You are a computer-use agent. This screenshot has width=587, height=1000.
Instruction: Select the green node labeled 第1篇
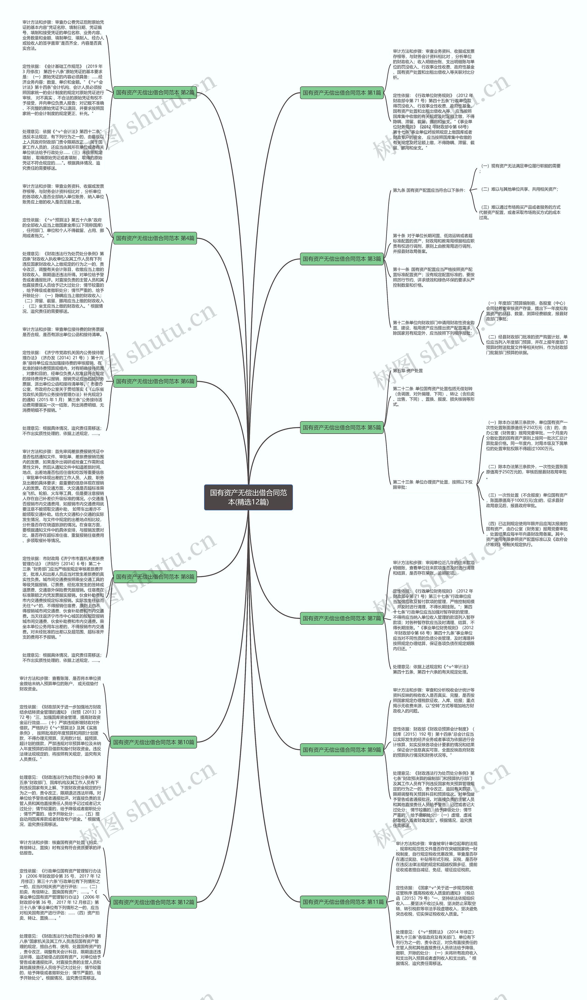(x=342, y=93)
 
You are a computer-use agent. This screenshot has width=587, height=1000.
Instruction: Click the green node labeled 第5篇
(x=342, y=428)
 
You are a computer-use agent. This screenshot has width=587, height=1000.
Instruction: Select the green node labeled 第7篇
(x=342, y=618)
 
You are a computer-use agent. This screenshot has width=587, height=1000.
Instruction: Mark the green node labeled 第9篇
(x=342, y=750)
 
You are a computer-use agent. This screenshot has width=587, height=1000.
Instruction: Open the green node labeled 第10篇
(x=153, y=742)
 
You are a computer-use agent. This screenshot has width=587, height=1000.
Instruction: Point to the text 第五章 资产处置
(x=408, y=371)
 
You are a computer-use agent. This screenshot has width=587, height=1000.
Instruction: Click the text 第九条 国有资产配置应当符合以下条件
(x=429, y=191)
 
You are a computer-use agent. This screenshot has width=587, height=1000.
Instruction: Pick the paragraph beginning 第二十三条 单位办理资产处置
(x=433, y=485)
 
